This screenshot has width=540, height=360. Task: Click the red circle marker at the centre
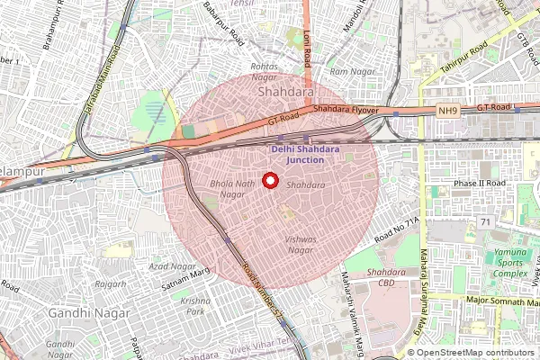click(268, 180)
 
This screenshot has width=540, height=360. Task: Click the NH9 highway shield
click(448, 111)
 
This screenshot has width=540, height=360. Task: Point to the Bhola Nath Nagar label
click(227, 188)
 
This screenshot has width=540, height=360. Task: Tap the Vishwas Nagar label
click(301, 246)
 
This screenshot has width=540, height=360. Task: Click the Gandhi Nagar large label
click(90, 312)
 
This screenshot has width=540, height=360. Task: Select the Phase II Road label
click(479, 183)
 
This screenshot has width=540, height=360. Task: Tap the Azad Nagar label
click(173, 267)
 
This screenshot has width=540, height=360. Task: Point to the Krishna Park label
click(194, 305)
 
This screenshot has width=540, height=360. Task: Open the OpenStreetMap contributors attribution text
click(475, 352)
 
